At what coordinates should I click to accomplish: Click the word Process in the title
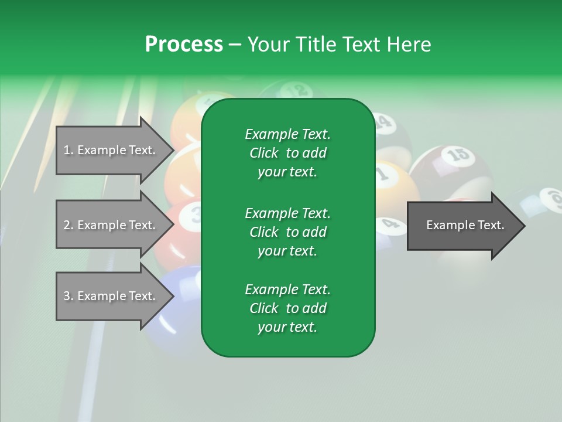pos(184,44)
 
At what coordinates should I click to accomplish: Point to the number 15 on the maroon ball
pos(458,155)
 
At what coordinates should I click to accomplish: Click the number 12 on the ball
pos(299,90)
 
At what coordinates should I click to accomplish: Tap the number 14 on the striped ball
pos(382,122)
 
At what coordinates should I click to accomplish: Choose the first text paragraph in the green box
pos(287,153)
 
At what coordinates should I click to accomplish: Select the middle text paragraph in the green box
pos(287,232)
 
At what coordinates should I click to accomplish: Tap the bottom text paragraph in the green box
pos(287,308)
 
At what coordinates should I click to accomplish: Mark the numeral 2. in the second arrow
pos(68,225)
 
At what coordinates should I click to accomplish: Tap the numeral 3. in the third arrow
pos(68,296)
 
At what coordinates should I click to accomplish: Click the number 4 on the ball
pos(387,223)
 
